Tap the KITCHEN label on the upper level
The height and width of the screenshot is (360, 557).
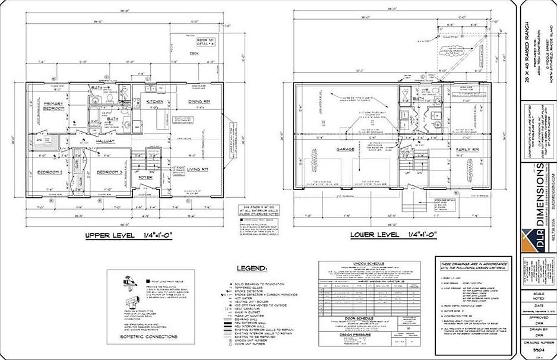(x=155, y=102)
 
